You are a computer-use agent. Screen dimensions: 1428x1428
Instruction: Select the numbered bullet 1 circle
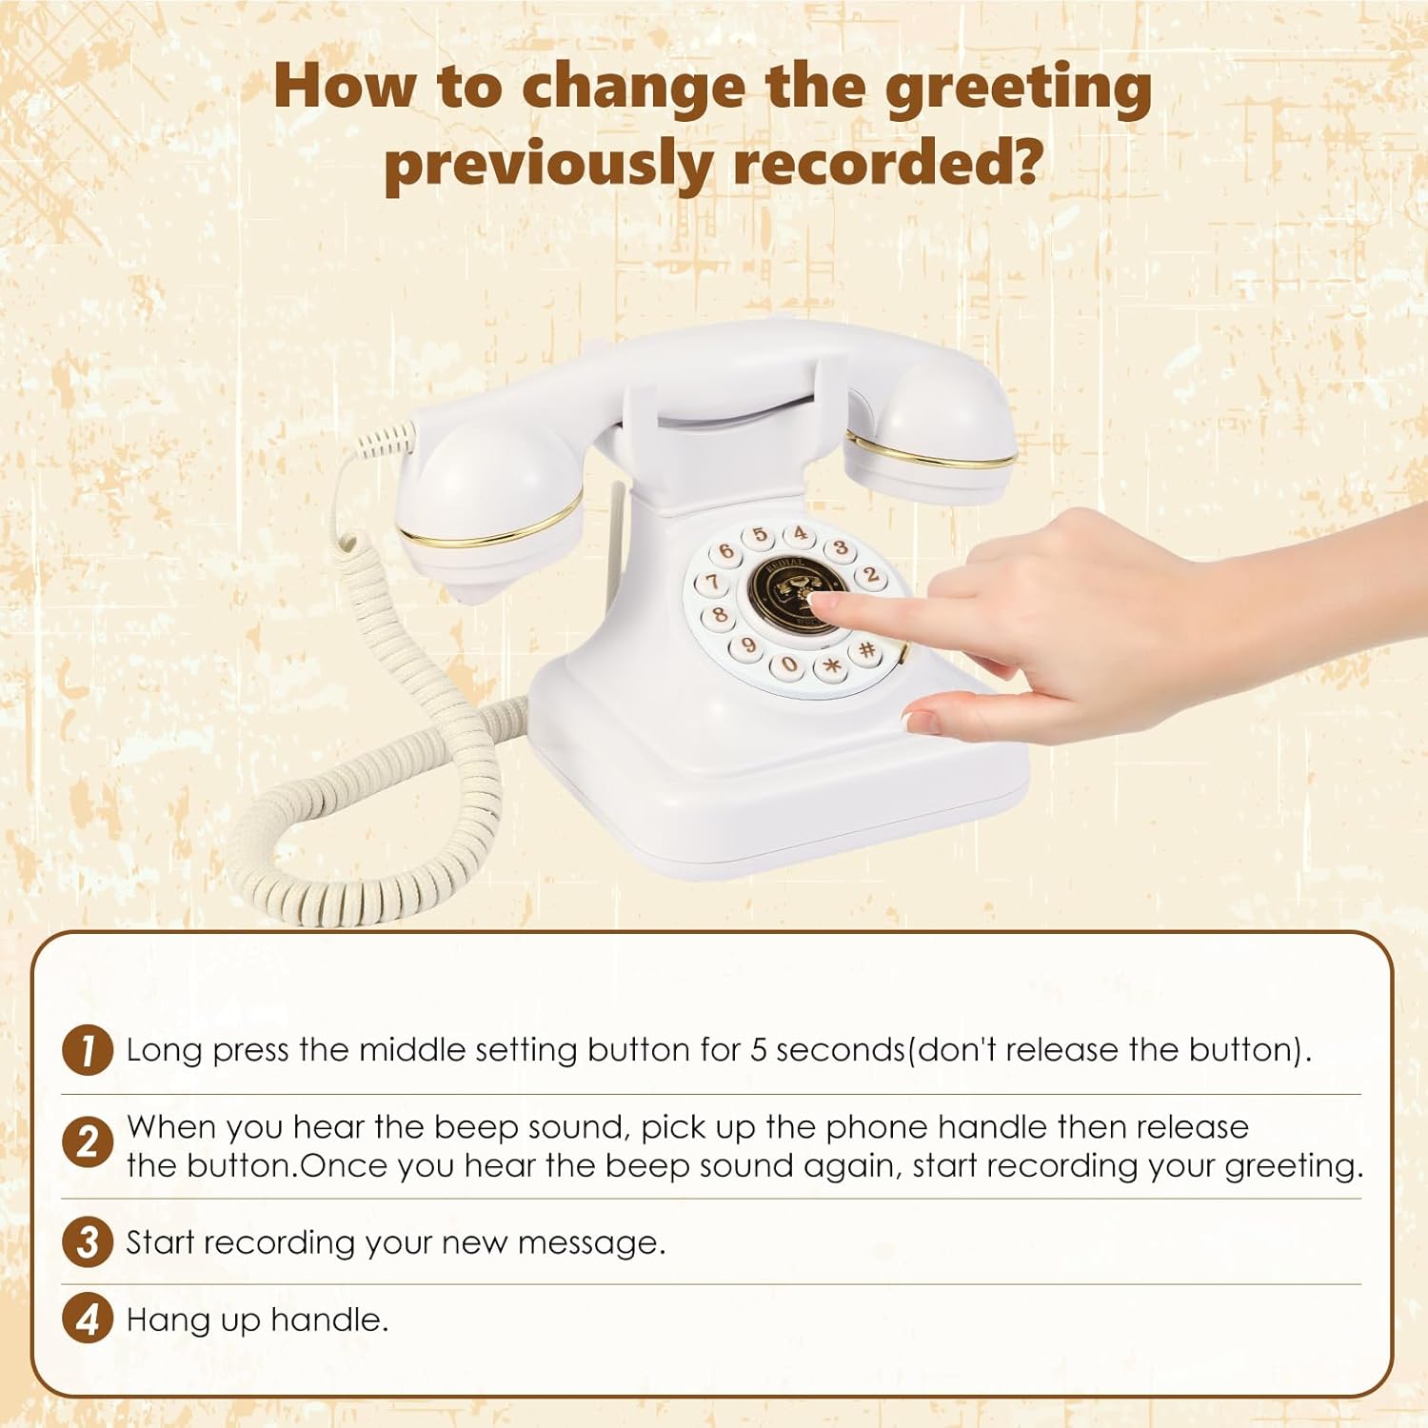click(x=88, y=1050)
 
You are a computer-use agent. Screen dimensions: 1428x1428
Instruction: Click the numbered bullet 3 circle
click(x=88, y=1242)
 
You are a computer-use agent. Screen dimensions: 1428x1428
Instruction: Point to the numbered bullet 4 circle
click(x=88, y=1319)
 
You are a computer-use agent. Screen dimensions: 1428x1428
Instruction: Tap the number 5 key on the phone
click(x=760, y=536)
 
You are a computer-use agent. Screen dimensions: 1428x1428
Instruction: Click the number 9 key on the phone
click(x=749, y=646)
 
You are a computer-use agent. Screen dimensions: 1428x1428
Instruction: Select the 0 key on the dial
click(x=789, y=664)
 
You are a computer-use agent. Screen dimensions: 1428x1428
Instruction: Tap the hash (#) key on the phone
click(x=866, y=650)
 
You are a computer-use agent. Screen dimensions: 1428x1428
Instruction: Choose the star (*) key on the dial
click(x=831, y=665)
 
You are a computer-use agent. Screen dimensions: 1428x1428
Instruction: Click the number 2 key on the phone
click(x=870, y=575)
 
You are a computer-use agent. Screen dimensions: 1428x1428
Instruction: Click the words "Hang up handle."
click(x=257, y=1319)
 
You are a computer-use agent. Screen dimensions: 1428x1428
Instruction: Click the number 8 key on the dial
click(x=720, y=615)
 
